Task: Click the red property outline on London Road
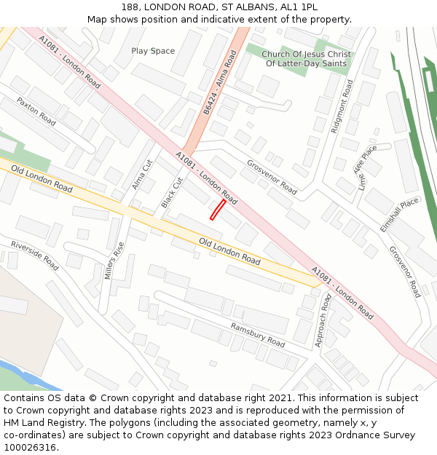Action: pyautogui.click(x=217, y=209)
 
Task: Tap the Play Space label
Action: pyautogui.click(x=153, y=51)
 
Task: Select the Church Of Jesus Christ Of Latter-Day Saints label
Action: pyautogui.click(x=306, y=59)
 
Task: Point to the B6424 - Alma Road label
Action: pyautogui.click(x=220, y=82)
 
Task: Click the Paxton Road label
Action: pyautogui.click(x=36, y=111)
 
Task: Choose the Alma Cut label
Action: pyautogui.click(x=142, y=175)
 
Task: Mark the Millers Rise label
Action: pyautogui.click(x=110, y=261)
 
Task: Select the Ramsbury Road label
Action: pyautogui.click(x=257, y=334)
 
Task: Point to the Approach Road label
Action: pyautogui.click(x=323, y=320)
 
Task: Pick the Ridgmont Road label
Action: pyautogui.click(x=342, y=106)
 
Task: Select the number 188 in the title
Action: pyautogui.click(x=131, y=6)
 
